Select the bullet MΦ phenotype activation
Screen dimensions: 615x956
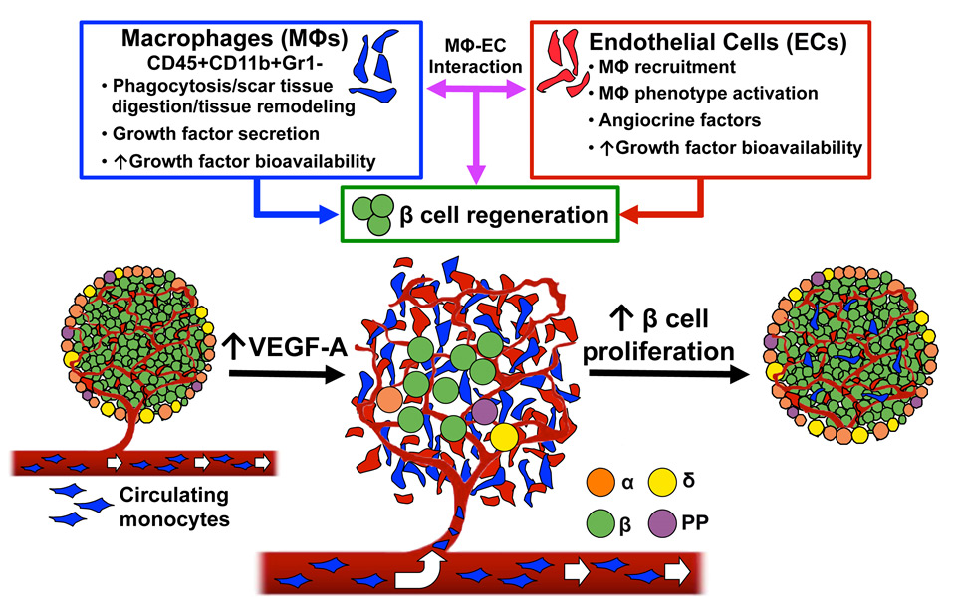pos(715,94)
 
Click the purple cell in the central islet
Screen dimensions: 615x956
pos(483,409)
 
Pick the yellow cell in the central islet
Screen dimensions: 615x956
pos(504,437)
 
